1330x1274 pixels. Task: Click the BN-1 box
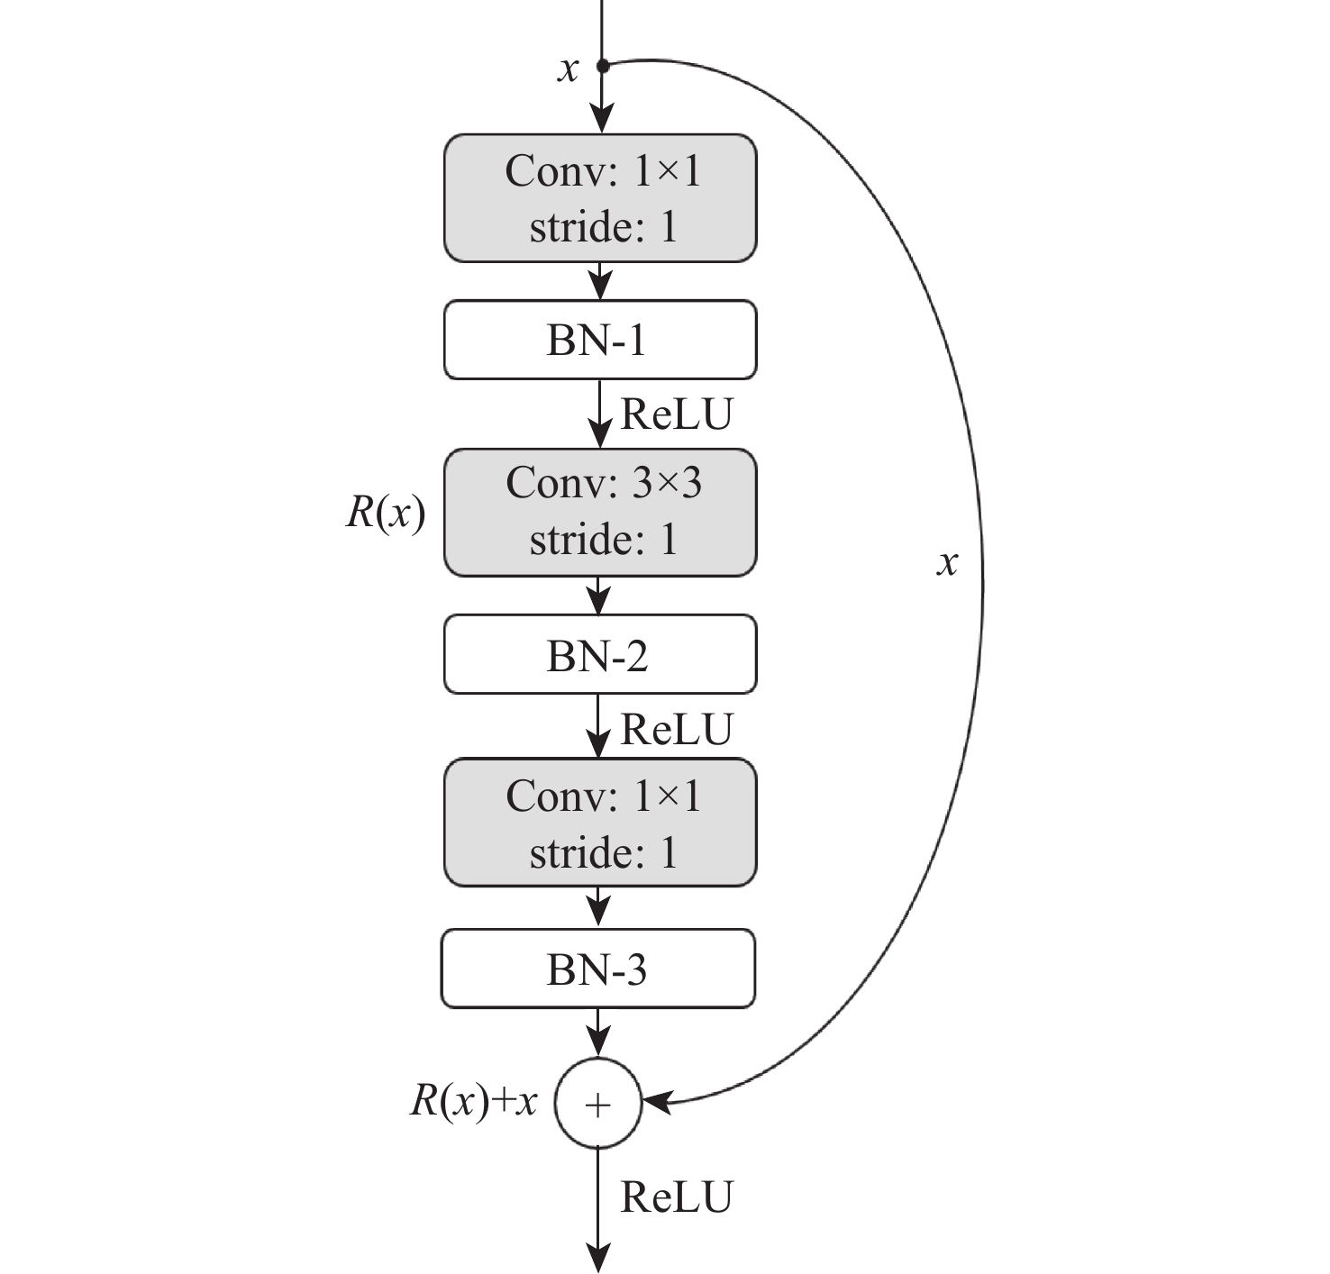pos(600,340)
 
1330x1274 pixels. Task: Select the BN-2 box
pos(600,654)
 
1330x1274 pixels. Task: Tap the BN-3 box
pos(598,969)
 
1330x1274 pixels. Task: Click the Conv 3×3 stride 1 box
pos(600,512)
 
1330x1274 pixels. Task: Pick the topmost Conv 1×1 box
pos(600,198)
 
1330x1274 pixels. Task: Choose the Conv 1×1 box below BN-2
pos(600,823)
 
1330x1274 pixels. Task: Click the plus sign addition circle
pos(598,1104)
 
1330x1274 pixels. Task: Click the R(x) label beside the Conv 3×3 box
pos(386,513)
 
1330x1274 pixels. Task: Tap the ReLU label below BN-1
pos(677,414)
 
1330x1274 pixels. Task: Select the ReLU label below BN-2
pos(677,729)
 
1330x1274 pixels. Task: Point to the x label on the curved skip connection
pos(947,563)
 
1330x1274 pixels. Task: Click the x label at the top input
pos(568,68)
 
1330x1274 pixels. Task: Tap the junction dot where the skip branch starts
pos(603,65)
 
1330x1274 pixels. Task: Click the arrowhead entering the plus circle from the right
pos(655,1101)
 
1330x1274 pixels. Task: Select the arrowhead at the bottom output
pos(598,1258)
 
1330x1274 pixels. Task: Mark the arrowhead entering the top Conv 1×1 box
pos(602,120)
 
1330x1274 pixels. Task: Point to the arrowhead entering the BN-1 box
pos(600,286)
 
